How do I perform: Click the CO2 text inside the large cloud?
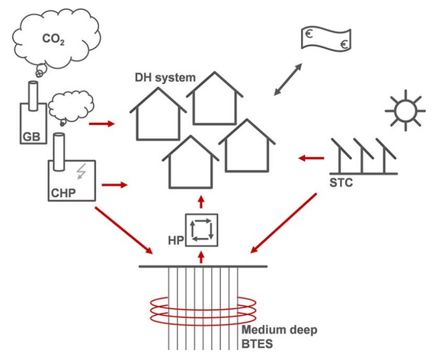click(53, 39)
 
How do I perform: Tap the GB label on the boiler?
click(31, 137)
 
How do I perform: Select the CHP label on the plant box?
click(63, 193)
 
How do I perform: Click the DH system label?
click(165, 77)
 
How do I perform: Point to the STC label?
click(341, 183)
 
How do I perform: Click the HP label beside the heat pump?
click(176, 240)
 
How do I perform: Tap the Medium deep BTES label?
click(280, 336)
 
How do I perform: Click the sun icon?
click(405, 111)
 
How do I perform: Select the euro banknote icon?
click(326, 39)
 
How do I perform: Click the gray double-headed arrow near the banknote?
click(288, 79)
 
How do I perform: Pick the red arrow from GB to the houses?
click(102, 124)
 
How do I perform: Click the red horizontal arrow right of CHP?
click(114, 185)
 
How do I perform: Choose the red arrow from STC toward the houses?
click(311, 159)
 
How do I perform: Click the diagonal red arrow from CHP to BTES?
click(123, 230)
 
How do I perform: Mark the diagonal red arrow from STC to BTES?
click(283, 223)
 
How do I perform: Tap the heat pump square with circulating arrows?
click(201, 230)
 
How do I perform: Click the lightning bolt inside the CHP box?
click(82, 172)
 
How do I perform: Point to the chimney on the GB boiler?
click(34, 96)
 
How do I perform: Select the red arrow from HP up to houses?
click(201, 201)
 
